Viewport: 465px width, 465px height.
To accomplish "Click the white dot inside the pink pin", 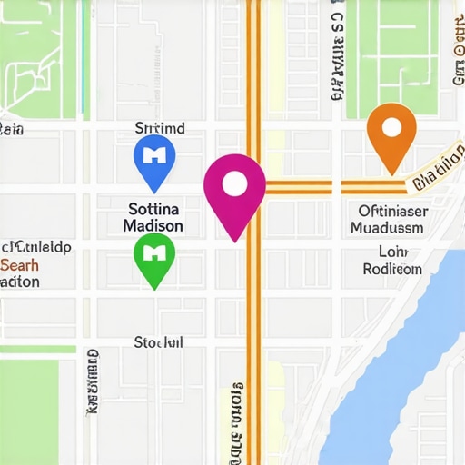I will click(x=234, y=184).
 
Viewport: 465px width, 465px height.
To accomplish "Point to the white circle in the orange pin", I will click(x=391, y=125).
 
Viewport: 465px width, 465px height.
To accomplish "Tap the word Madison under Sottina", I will click(x=152, y=225).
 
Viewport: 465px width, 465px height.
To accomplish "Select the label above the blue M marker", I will click(x=159, y=128).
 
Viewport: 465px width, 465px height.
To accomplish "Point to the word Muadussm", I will click(x=387, y=228).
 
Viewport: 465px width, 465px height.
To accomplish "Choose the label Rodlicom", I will click(x=392, y=269).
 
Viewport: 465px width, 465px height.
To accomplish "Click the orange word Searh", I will click(x=20, y=264).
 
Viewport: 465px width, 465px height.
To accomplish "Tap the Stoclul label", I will click(x=158, y=342).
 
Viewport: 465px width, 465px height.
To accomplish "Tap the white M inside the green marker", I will click(x=155, y=250).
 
